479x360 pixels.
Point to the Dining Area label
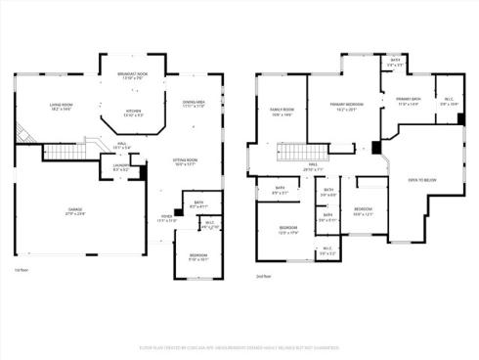(x=193, y=104)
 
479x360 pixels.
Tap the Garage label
(x=74, y=212)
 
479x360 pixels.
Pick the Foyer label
(x=167, y=220)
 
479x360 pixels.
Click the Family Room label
(x=282, y=113)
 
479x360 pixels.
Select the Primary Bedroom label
(x=343, y=105)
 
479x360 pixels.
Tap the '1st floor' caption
(x=21, y=269)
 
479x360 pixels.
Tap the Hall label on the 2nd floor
(x=314, y=168)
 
